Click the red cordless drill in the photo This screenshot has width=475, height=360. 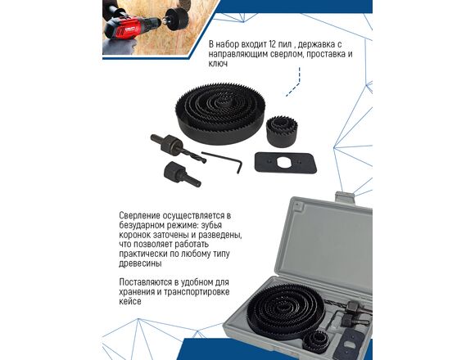tap(133, 28)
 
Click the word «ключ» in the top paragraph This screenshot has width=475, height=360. tap(218, 64)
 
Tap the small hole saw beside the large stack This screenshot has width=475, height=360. tap(282, 131)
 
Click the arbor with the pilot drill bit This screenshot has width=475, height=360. tap(177, 147)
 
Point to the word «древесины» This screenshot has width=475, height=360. tap(140, 263)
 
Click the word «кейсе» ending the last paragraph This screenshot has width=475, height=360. tap(130, 302)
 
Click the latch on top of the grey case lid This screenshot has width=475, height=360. tap(346, 197)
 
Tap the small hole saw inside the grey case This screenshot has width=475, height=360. tap(317, 342)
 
